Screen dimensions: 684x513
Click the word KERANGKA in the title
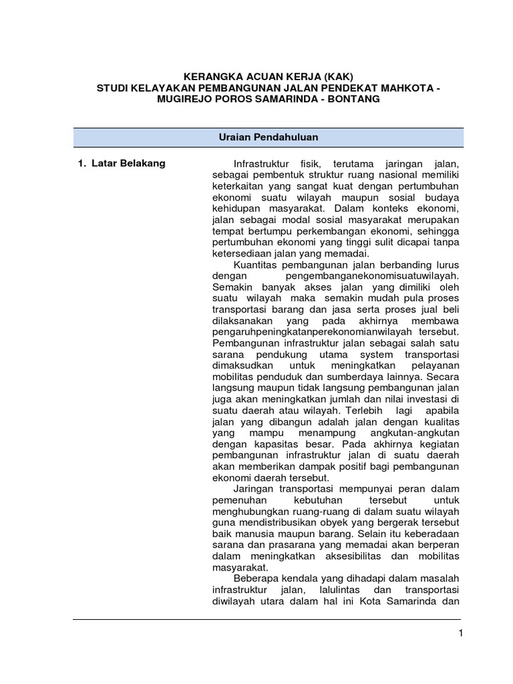pos(213,75)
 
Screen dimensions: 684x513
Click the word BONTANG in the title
pos(355,100)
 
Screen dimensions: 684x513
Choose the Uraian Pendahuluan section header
pos(268,137)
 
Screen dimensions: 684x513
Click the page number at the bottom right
pos(460,634)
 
